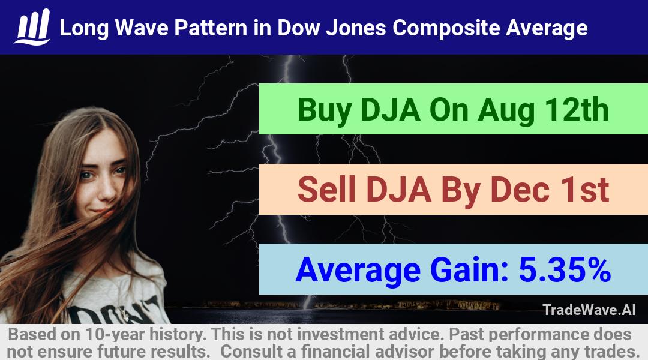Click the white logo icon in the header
32,27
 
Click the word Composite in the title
446,28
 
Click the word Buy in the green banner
325,111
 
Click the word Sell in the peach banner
326,189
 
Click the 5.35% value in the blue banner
565,269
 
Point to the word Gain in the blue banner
469,269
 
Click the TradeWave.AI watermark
589,310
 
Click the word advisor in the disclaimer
404,352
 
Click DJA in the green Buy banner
390,110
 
